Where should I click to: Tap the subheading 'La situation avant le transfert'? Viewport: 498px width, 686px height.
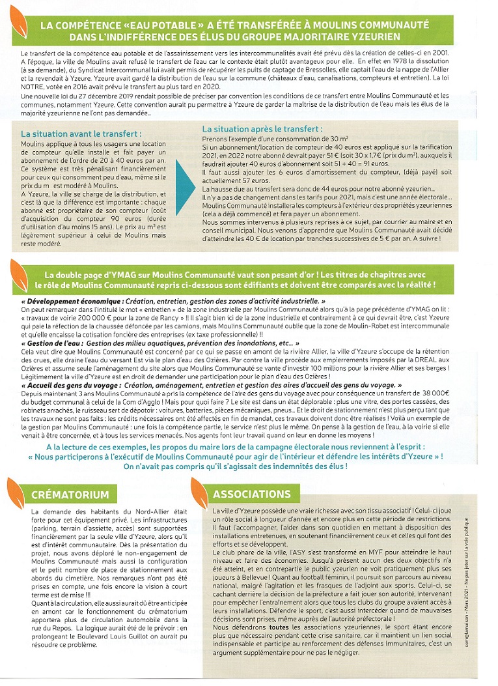coord(81,134)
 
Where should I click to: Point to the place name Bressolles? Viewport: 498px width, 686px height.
coord(318,72)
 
